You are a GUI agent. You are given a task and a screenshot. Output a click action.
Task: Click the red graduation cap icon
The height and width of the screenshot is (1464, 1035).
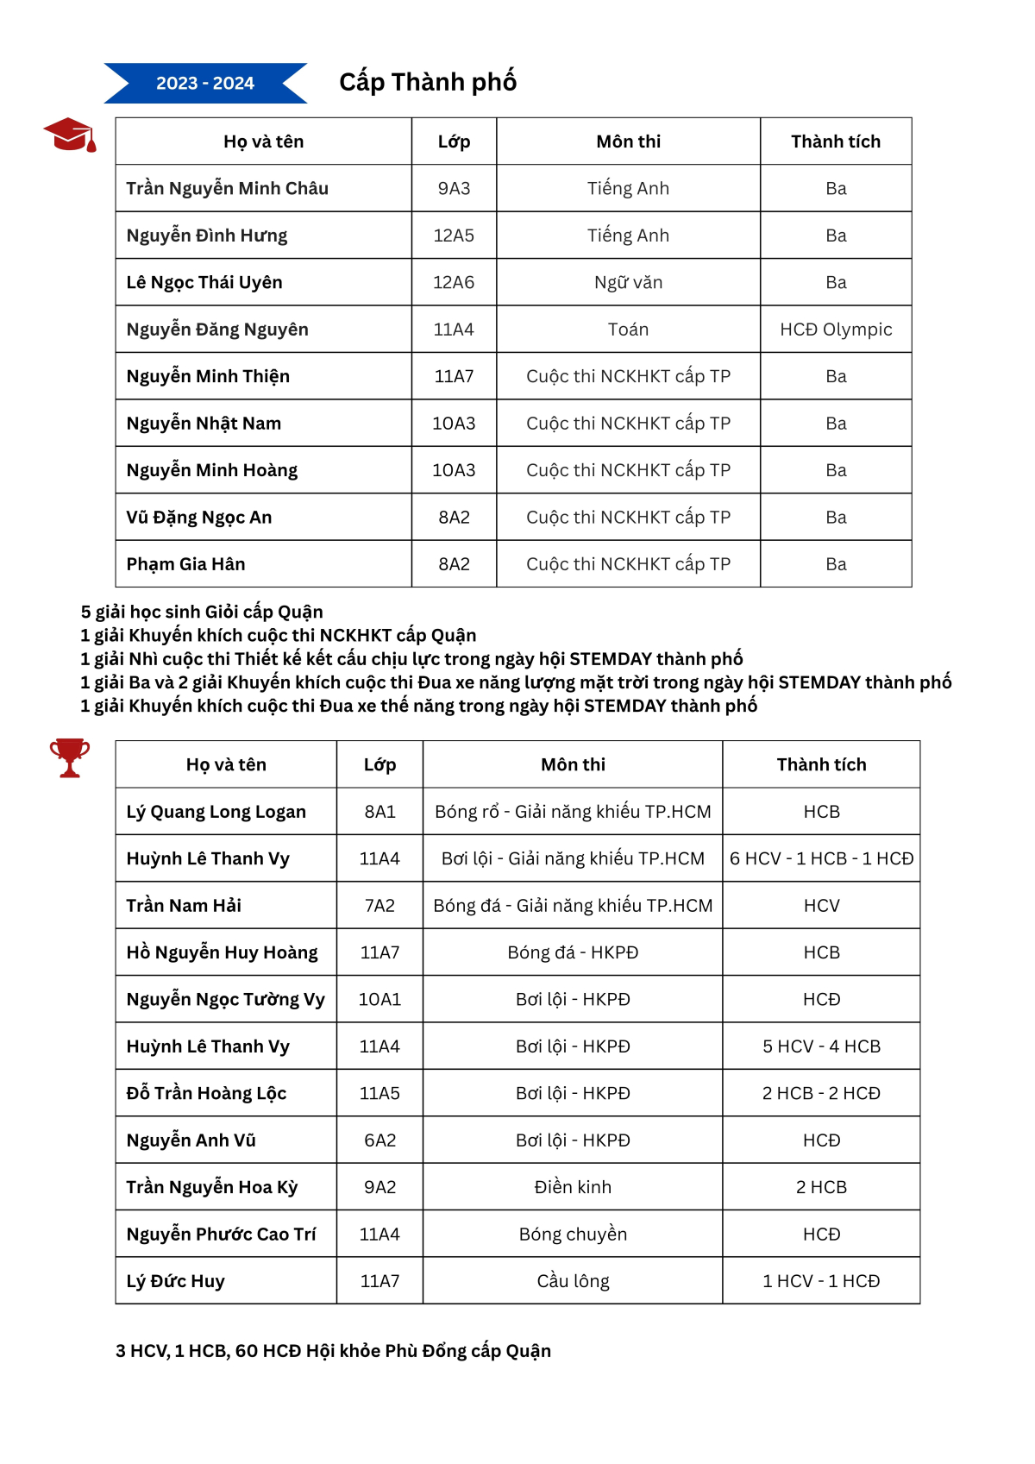click(x=70, y=135)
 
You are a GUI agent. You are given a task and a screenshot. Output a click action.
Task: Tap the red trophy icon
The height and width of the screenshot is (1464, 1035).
click(x=69, y=757)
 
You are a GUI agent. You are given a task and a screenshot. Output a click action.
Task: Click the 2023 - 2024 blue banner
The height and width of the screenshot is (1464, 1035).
click(x=205, y=83)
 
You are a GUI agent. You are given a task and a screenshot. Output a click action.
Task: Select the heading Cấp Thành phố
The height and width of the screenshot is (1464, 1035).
click(x=428, y=82)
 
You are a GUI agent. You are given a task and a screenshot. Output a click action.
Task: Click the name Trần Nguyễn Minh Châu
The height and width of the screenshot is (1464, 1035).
click(x=227, y=188)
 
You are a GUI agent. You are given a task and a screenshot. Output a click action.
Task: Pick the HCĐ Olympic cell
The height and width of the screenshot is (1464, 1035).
click(x=835, y=330)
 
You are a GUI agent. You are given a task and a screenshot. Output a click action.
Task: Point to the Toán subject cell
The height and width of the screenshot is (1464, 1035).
click(x=628, y=330)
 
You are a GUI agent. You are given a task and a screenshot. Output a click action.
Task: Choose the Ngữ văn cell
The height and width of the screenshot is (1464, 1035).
click(x=628, y=282)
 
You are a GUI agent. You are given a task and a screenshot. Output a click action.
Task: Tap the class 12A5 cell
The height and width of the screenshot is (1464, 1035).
click(x=454, y=236)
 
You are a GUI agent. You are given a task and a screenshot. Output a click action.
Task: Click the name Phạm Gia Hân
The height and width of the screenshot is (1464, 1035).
click(x=185, y=564)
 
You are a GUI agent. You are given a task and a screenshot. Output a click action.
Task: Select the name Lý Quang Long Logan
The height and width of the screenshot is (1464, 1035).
click(x=216, y=812)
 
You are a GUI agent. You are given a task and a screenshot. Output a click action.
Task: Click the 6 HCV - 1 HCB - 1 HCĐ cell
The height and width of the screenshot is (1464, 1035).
click(x=821, y=858)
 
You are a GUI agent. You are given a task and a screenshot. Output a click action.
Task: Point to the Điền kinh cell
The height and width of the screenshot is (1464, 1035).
click(x=573, y=1187)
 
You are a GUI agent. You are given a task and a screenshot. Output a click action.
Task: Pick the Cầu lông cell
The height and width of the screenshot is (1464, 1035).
click(x=573, y=1281)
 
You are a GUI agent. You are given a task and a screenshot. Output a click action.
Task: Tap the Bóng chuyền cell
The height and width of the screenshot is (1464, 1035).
click(x=573, y=1235)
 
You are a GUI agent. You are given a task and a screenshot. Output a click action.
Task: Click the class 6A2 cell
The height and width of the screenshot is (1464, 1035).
click(x=379, y=1140)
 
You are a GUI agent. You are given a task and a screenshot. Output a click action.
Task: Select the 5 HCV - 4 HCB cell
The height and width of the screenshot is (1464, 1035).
click(x=821, y=1046)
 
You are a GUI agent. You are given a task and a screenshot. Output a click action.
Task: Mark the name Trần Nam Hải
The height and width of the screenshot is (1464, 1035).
click(x=184, y=906)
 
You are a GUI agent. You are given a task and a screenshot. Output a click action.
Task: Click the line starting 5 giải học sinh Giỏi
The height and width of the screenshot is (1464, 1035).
click(x=202, y=612)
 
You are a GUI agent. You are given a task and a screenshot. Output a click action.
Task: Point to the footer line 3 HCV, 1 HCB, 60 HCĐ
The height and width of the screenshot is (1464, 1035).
click(x=333, y=1351)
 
